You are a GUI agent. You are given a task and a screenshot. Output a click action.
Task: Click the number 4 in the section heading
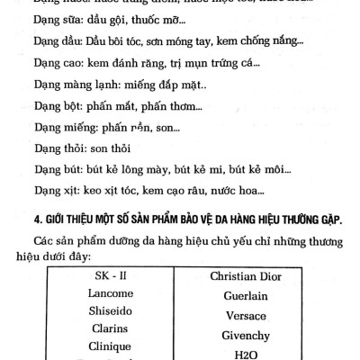[33, 221]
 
